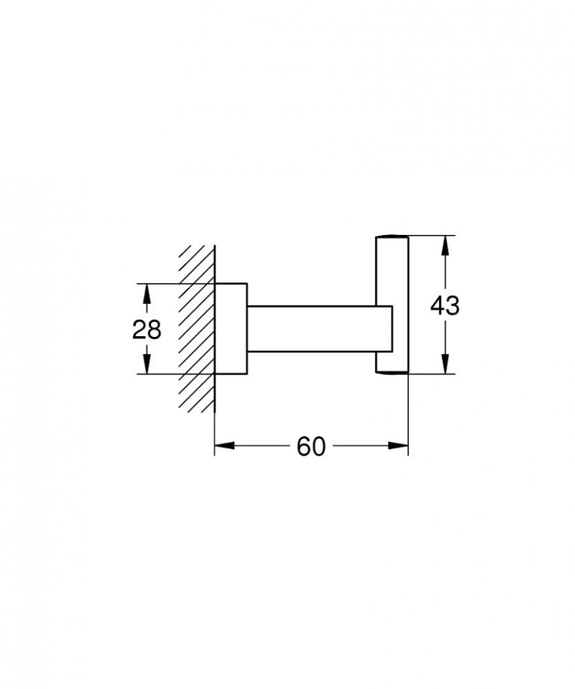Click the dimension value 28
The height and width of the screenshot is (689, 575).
(x=147, y=329)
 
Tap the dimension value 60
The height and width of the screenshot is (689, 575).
(x=311, y=446)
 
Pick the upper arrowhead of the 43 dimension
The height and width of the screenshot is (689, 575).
(x=446, y=244)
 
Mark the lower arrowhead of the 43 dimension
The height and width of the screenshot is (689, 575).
(x=446, y=365)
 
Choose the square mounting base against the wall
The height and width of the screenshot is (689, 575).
(x=231, y=329)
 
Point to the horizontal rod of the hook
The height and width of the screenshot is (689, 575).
(x=316, y=329)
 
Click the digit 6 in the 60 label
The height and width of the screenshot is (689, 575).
(x=304, y=446)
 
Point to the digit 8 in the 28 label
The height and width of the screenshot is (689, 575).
(x=154, y=329)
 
